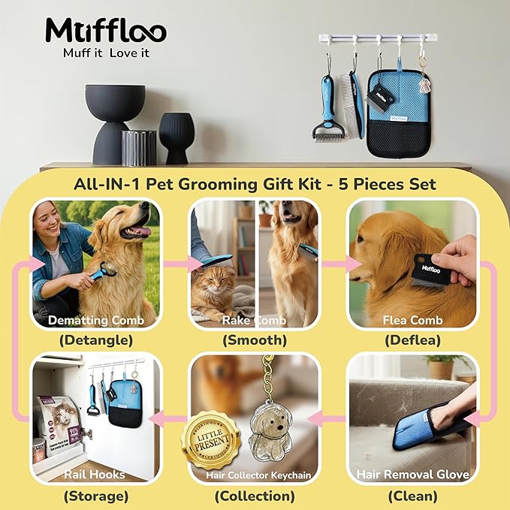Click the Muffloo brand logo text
click(x=105, y=30)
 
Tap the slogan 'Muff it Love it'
click(x=105, y=53)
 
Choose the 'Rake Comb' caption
click(x=255, y=321)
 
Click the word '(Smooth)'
click(x=255, y=340)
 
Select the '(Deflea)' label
click(x=412, y=340)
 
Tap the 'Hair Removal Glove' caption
click(x=412, y=474)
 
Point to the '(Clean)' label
click(x=412, y=496)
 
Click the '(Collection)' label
click(x=255, y=496)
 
